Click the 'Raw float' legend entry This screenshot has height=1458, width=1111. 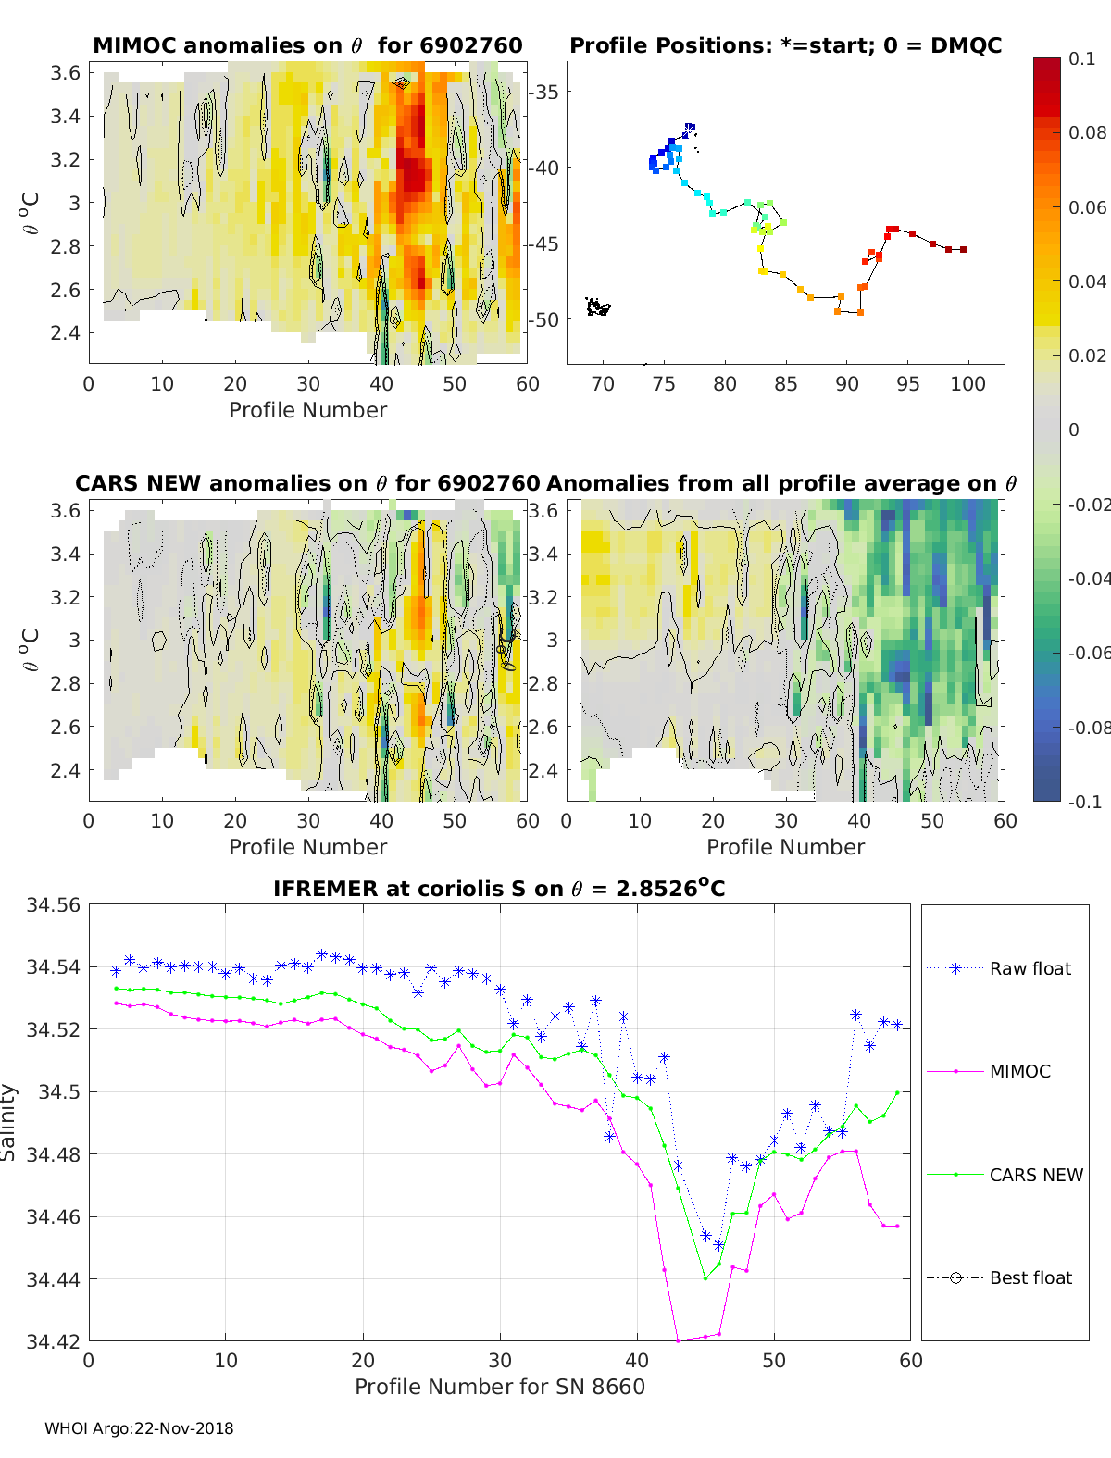pos(999,968)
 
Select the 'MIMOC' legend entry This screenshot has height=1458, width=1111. pos(989,1071)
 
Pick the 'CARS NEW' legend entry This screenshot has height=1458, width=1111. pos(1005,1175)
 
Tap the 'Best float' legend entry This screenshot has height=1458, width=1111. pos(999,1278)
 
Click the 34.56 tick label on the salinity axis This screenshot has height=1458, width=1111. pos(53,905)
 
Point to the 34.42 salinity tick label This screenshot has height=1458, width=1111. pos(53,1341)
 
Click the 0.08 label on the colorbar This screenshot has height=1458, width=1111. pos(1088,133)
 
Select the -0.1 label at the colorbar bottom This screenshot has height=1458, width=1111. pos(1085,802)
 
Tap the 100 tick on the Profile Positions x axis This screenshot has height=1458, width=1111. pos(968,384)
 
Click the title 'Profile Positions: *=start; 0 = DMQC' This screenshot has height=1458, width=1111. pos(786,45)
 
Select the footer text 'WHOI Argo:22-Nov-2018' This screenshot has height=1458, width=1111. pos(140,1428)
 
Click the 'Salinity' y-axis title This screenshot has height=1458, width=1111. pos(8,1123)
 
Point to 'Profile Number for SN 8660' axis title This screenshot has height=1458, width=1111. pos(500,1387)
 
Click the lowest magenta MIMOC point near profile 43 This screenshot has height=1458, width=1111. pos(678,1341)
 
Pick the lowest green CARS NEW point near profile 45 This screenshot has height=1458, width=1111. pos(705,1278)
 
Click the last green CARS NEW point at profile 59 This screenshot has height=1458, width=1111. pos(897,1092)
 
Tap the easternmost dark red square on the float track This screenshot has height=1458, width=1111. pos(964,250)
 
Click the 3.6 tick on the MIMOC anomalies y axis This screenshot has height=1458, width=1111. pos(65,72)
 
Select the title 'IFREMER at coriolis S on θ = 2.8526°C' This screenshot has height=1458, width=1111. pos(499,888)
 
